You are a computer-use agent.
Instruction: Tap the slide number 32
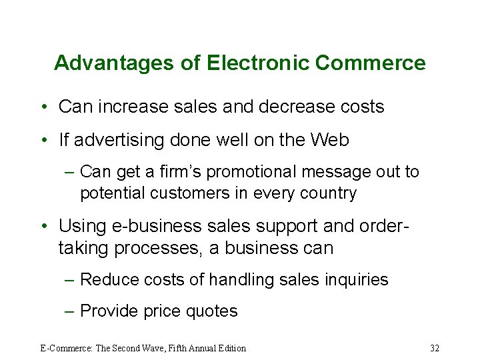coord(435,348)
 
